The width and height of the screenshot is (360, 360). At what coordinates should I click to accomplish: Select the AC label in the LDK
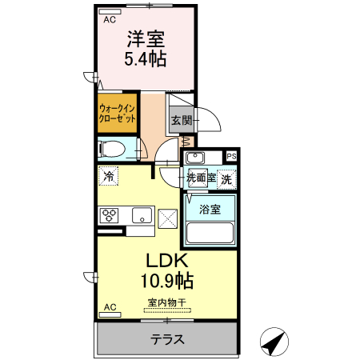pyautogui.click(x=110, y=306)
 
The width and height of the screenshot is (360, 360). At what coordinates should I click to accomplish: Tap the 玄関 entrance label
pyautogui.click(x=181, y=122)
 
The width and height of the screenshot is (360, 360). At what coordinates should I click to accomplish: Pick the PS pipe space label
pyautogui.click(x=231, y=157)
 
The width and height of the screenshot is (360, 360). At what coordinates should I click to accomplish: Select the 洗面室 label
pyautogui.click(x=201, y=179)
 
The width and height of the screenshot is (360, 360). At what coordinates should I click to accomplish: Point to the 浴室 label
pyautogui.click(x=210, y=210)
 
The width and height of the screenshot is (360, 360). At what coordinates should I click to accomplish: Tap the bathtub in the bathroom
pyautogui.click(x=209, y=233)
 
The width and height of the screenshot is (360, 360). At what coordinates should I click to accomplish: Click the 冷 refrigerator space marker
pyautogui.click(x=107, y=174)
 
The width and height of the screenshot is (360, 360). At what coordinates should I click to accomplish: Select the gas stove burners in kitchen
pyautogui.click(x=109, y=214)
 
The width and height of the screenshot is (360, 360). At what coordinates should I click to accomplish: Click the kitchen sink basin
pyautogui.click(x=142, y=214)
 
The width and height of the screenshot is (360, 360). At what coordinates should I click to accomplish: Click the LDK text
pyautogui.click(x=166, y=262)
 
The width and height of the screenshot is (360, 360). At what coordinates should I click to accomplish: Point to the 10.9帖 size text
pyautogui.click(x=166, y=282)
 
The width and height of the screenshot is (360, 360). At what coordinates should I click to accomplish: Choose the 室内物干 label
pyautogui.click(x=166, y=302)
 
